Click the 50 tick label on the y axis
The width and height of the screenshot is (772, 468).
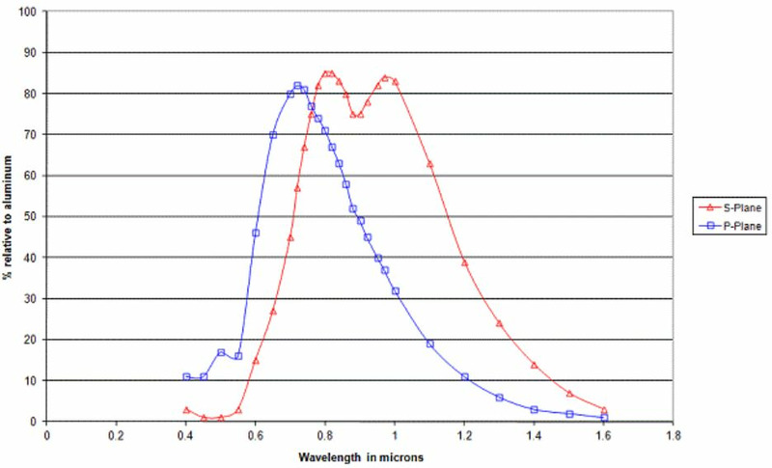tap(35, 216)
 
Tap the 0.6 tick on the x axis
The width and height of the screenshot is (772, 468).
tap(256, 434)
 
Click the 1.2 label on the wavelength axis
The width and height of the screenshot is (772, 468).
tap(464, 434)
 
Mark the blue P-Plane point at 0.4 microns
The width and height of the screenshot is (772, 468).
tap(186, 376)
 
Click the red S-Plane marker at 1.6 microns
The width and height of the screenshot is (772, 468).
tap(604, 409)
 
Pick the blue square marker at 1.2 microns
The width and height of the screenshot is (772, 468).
tap(465, 376)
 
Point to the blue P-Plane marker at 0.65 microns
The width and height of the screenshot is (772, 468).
tap(273, 135)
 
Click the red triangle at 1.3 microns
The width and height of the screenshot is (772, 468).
tap(500, 323)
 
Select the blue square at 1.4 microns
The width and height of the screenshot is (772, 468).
tap(535, 409)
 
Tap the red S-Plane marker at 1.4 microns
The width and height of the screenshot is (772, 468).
tap(535, 365)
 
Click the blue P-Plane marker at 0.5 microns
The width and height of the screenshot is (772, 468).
tap(221, 352)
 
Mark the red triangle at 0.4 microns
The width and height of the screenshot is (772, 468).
tap(186, 409)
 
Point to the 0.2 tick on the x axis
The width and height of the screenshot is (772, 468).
tap(117, 434)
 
